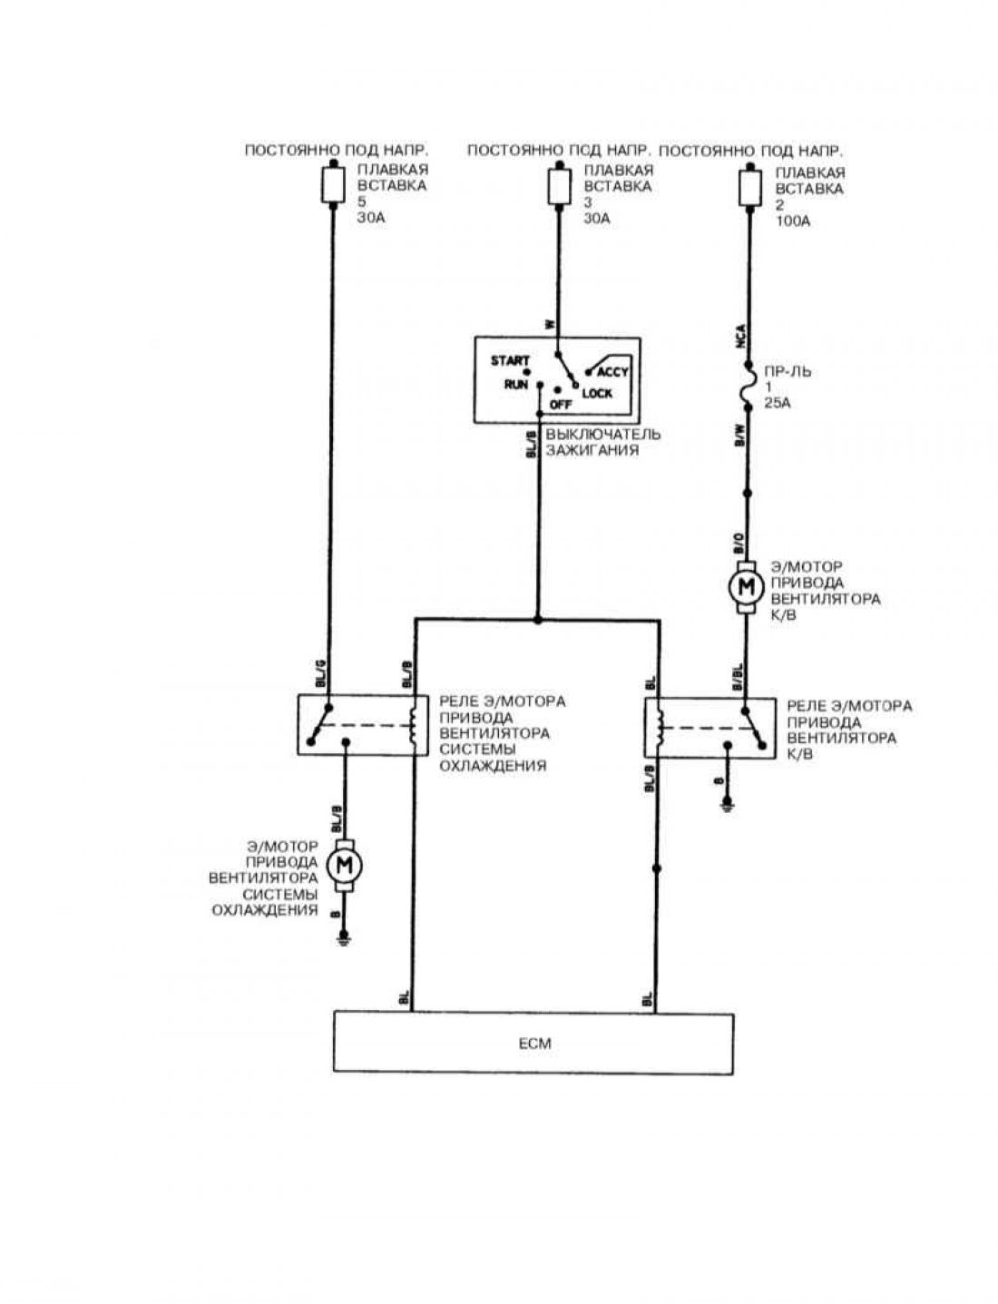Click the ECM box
(x=533, y=1043)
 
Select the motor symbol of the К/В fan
(x=746, y=586)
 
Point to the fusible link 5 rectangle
(x=333, y=185)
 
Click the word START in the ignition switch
(x=510, y=360)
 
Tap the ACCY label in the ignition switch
(x=613, y=372)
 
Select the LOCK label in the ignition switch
(x=597, y=393)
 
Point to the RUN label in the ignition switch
(x=516, y=384)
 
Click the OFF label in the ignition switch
(x=561, y=405)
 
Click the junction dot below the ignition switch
(x=538, y=621)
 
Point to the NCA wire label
(x=740, y=338)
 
